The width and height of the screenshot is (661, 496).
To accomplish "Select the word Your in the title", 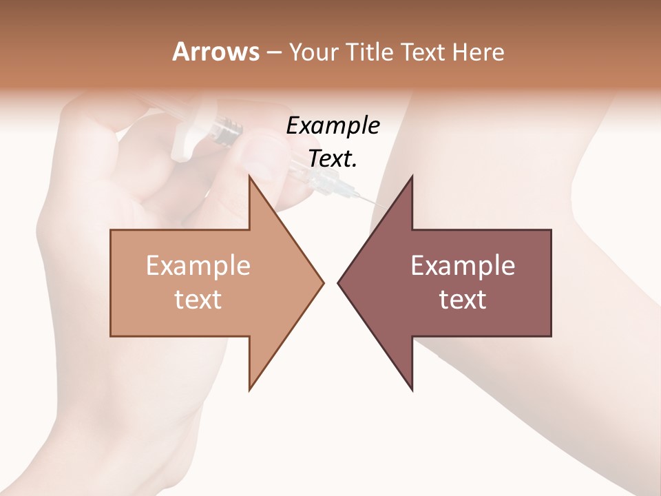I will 313,52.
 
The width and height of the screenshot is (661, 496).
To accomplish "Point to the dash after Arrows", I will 272,53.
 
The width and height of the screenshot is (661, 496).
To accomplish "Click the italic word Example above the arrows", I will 333,125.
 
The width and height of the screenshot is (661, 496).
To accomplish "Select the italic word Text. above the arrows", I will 333,158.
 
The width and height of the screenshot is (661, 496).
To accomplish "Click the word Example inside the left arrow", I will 198,266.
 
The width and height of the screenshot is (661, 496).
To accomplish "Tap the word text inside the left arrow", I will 198,299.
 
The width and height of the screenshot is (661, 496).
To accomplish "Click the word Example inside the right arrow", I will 463,266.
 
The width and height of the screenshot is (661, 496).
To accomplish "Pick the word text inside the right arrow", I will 463,299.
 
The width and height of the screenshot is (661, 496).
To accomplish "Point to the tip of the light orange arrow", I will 323,282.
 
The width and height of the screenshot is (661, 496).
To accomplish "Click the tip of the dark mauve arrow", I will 338,282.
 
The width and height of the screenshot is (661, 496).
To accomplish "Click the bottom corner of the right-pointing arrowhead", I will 249,390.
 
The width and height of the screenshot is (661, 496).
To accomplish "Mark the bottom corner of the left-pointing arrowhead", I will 412,390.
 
